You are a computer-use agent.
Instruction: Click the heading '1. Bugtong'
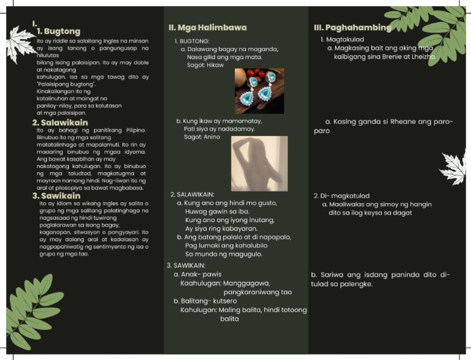tap(58, 31)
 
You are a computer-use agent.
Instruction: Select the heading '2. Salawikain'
tap(60, 123)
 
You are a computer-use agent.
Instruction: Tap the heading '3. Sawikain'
tap(56, 196)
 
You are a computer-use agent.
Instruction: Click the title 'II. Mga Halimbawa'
tap(207, 28)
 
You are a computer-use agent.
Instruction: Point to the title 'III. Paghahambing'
tap(352, 28)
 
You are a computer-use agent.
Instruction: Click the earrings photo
tap(259, 91)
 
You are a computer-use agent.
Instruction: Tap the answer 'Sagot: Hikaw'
tap(205, 65)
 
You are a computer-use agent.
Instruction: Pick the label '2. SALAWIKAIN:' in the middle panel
tap(192, 194)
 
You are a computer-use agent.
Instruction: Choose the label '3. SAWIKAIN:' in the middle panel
tap(187, 266)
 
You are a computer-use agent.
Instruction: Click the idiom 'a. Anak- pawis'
tap(197, 274)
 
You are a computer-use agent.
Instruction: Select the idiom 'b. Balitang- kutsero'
tap(205, 301)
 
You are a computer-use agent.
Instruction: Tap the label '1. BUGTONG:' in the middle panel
tap(191, 40)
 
